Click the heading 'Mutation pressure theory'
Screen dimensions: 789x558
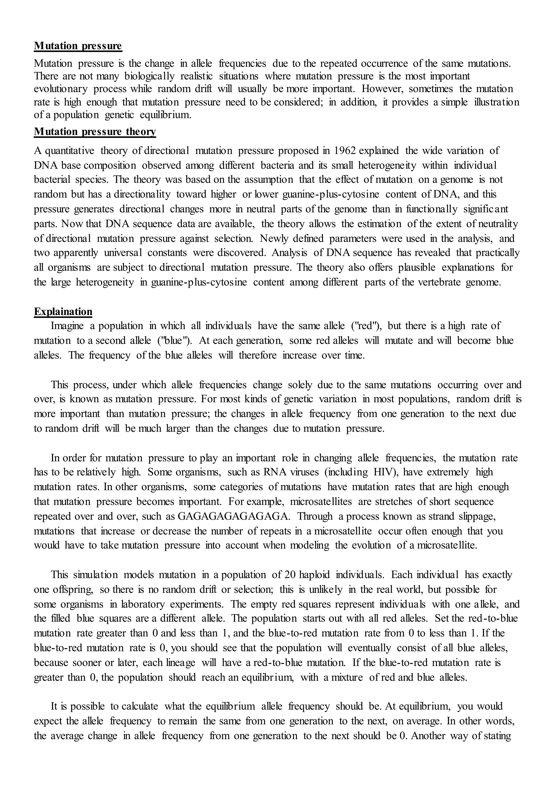[95, 132]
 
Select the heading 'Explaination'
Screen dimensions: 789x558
[63, 311]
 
